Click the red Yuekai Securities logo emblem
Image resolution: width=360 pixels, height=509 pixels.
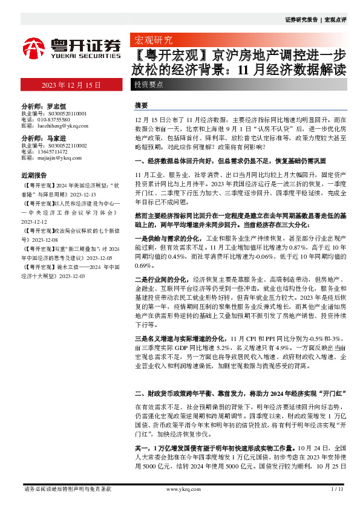[x=33, y=47]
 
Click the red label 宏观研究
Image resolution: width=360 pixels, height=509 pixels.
[x=151, y=41]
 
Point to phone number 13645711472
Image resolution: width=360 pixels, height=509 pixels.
[x=56, y=152]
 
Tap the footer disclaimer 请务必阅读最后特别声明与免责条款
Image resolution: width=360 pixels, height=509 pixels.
[x=67, y=488]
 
